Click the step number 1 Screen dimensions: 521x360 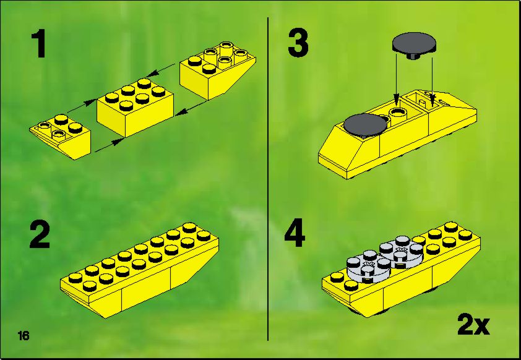click(40, 43)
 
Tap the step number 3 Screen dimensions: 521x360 click(298, 43)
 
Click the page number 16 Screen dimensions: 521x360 click(24, 336)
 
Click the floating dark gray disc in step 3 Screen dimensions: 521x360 click(414, 45)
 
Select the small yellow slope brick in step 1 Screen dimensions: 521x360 click(60, 137)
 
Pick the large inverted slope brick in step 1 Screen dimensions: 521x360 click(218, 70)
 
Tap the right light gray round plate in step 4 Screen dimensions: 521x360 click(401, 251)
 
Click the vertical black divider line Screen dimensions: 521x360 click(268, 179)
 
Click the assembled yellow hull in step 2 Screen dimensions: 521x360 click(140, 270)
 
